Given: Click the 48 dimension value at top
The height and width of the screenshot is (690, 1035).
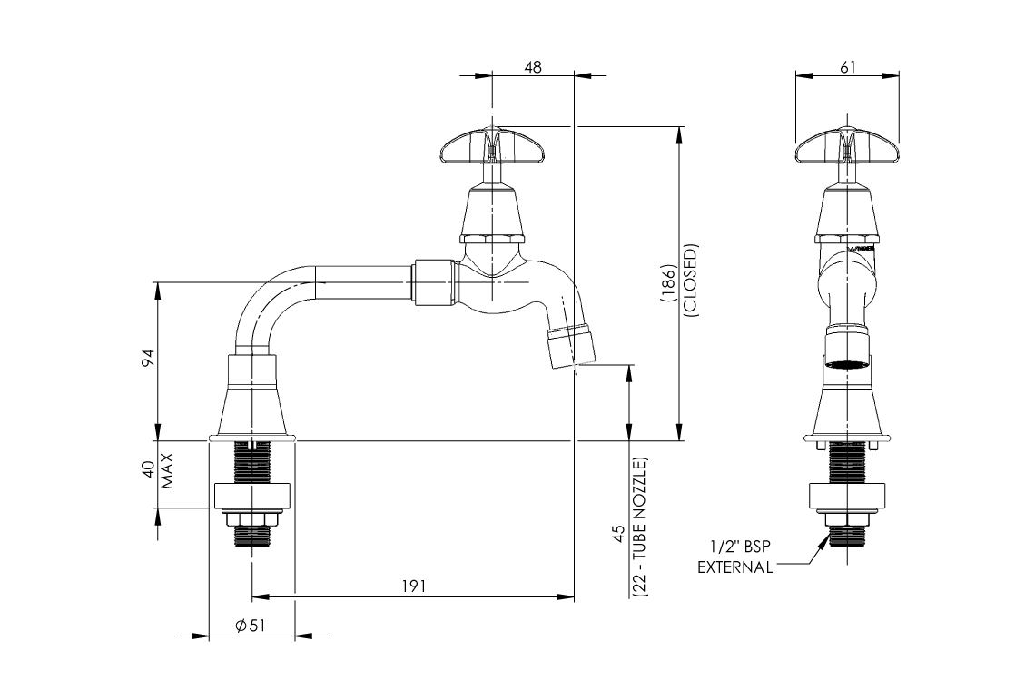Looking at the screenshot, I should pyautogui.click(x=533, y=67).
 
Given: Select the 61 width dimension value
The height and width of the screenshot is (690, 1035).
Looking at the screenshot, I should pyautogui.click(x=847, y=67).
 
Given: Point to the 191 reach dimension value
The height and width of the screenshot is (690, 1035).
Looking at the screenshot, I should pyautogui.click(x=412, y=586).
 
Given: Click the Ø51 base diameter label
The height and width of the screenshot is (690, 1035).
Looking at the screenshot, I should pyautogui.click(x=250, y=626).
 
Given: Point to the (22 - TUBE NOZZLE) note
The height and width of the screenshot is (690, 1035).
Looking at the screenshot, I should pyautogui.click(x=641, y=527).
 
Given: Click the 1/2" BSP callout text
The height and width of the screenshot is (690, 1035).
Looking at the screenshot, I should pyautogui.click(x=741, y=547).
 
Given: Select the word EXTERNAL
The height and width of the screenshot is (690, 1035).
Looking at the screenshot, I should pyautogui.click(x=735, y=567).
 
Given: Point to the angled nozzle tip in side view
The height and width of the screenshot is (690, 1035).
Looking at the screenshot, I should pyautogui.click(x=571, y=346).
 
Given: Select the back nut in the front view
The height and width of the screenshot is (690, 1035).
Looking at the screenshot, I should pyautogui.click(x=847, y=497).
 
